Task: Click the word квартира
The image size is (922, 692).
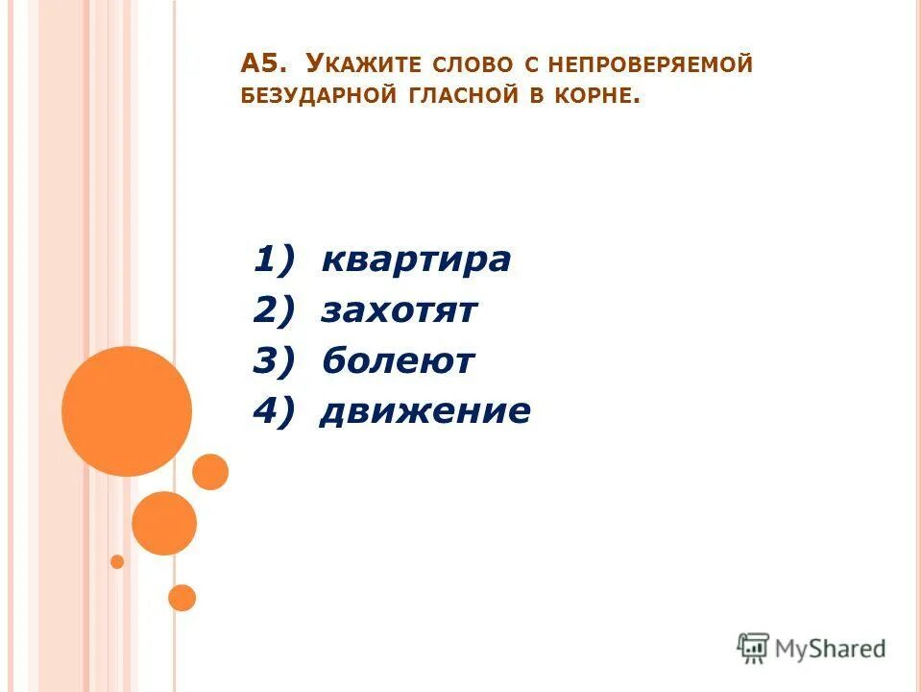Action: (416, 260)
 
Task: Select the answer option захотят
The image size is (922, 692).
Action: (400, 311)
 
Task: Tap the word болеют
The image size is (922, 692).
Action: (398, 362)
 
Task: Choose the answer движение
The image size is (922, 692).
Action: (425, 412)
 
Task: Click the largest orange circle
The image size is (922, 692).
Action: (126, 411)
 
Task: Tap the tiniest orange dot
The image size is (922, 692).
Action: (117, 561)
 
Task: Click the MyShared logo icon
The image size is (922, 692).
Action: (753, 649)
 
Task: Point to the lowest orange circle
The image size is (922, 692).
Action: (182, 598)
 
